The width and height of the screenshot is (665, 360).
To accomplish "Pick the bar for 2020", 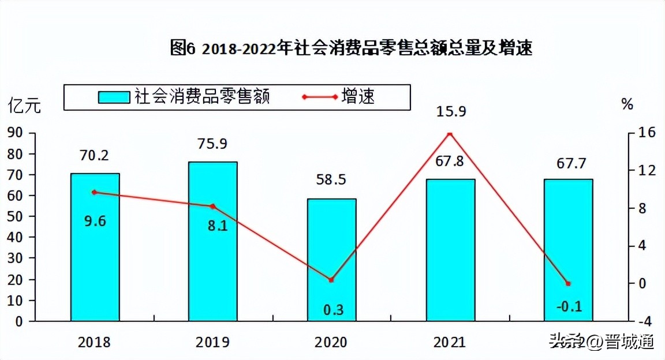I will click(x=331, y=260).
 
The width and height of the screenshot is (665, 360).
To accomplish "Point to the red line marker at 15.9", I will click(x=450, y=134).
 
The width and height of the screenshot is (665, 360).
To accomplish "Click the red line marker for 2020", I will click(x=331, y=280).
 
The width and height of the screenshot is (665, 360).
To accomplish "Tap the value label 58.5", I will click(x=331, y=181).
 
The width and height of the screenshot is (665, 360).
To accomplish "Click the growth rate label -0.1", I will click(x=569, y=306).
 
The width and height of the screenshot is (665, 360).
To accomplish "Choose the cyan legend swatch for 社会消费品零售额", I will click(x=115, y=96).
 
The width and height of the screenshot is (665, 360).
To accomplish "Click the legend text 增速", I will click(x=358, y=96).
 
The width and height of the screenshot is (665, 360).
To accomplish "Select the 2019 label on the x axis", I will click(x=212, y=342).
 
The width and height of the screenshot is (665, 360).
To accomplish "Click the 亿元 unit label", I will click(x=24, y=106).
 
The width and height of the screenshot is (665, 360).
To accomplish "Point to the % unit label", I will click(x=627, y=104).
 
